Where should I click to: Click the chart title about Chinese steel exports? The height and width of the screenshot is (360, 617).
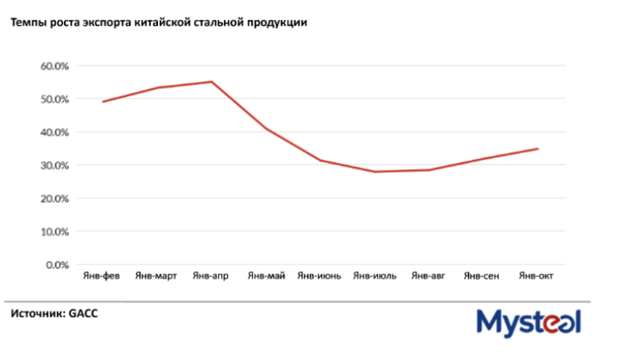pos(158,23)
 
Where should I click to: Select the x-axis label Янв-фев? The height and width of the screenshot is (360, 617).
pos(102,276)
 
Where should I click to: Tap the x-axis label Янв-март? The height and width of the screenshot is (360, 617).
pos(156,276)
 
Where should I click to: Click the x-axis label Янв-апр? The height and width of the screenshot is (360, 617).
pos(211,276)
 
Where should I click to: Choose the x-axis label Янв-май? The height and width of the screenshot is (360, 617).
pos(266,276)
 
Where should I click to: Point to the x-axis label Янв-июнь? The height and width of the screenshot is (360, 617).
pos(319,276)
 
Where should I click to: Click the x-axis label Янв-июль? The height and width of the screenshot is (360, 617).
pos(375,276)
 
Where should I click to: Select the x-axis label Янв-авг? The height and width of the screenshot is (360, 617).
pos(428,276)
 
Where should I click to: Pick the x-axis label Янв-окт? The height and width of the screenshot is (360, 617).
pos(536,276)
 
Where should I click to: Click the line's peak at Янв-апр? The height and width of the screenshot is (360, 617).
pos(211,81)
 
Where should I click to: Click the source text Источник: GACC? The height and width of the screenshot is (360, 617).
pos(54,313)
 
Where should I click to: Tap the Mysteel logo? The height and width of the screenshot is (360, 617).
pos(528,323)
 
